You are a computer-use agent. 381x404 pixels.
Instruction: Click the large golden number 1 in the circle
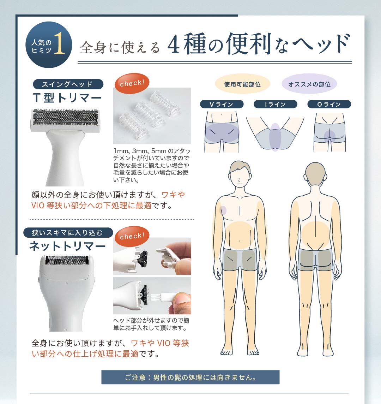[x=60, y=43]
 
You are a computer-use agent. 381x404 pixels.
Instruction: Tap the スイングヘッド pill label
[x=68, y=84]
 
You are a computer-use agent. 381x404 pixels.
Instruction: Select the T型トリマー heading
[x=67, y=98]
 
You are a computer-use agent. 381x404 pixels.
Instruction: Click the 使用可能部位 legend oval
[x=242, y=84]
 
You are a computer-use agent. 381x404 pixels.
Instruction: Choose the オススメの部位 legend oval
[x=309, y=84]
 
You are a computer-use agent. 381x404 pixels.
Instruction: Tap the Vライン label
[x=222, y=104]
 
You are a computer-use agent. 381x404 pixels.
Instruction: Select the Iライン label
[x=276, y=104]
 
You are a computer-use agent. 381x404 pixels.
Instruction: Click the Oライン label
[x=329, y=104]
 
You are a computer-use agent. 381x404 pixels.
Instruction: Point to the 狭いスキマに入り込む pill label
[x=68, y=233]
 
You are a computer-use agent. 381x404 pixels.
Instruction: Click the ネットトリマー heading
[x=67, y=246]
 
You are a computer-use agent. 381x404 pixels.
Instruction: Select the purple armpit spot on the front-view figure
[x=223, y=210]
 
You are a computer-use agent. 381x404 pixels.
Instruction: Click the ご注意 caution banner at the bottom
[x=190, y=377]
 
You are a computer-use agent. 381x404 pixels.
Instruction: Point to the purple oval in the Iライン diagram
[x=275, y=137]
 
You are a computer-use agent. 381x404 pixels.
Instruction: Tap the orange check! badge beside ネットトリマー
[x=132, y=236]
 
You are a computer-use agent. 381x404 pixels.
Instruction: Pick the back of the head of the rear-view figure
[x=315, y=175]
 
